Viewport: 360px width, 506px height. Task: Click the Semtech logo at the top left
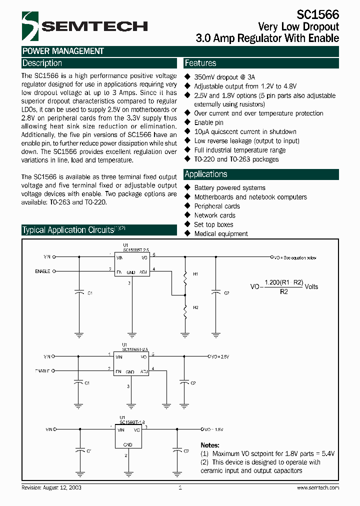(84, 26)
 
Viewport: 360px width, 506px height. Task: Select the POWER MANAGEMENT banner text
(63, 51)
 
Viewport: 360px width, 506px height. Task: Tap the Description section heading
(42, 63)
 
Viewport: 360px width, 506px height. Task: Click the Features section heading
(200, 63)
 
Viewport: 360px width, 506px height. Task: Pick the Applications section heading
(206, 174)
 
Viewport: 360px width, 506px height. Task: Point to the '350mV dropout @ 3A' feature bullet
(224, 77)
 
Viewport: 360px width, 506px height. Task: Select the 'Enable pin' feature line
(208, 122)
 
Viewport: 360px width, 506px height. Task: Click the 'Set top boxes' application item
(213, 224)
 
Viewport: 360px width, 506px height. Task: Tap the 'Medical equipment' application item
(221, 233)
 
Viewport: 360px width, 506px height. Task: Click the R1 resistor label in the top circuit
(196, 274)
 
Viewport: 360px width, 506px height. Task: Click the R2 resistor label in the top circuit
(196, 307)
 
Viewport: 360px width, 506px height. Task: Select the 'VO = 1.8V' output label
(214, 429)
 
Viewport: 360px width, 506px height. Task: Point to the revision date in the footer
(51, 487)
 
